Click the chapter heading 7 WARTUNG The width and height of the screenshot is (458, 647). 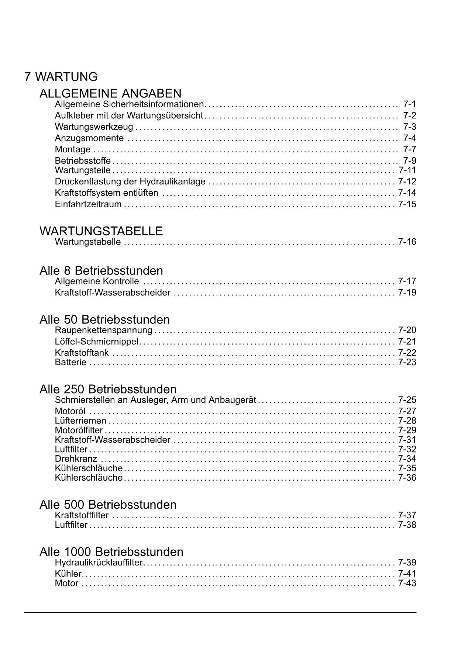(61, 77)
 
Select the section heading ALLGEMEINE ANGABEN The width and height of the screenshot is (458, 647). (110, 93)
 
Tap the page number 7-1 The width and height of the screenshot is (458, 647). (409, 104)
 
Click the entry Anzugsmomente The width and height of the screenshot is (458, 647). (89, 138)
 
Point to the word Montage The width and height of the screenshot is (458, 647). (73, 149)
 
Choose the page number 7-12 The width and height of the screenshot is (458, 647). (407, 181)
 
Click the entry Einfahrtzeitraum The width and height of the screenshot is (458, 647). (88, 204)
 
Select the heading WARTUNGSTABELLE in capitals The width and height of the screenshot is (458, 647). (101, 231)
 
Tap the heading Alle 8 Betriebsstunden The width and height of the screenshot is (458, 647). (101, 271)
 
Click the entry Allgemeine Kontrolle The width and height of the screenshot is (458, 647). (97, 281)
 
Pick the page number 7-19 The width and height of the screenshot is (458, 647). (407, 293)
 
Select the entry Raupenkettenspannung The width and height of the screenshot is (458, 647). (104, 330)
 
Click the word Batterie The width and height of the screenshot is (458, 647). (70, 362)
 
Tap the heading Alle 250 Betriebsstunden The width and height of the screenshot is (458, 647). (108, 389)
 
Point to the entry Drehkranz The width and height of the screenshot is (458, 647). (76, 459)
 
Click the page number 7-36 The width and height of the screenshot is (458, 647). (407, 478)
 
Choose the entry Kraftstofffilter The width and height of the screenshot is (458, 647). (82, 515)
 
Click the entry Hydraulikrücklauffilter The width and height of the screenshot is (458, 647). (99, 563)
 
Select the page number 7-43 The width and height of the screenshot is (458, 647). (407, 583)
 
